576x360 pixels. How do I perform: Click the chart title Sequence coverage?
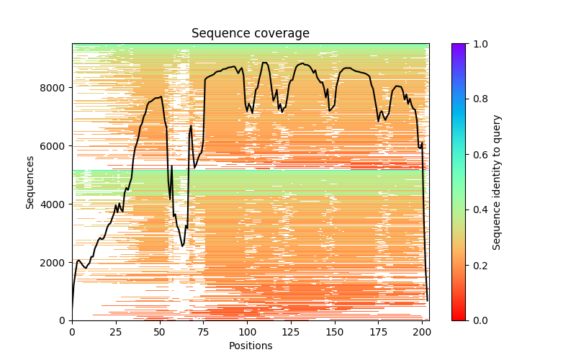pos(250,33)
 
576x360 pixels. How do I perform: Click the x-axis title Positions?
pos(250,346)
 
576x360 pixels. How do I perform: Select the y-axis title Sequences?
pos(30,181)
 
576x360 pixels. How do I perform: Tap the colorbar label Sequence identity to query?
pos(497,181)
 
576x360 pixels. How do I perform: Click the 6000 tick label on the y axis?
pos(54,146)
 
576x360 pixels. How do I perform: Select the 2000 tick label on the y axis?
pos(54,263)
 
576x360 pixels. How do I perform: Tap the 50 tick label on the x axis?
pos(160,331)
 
